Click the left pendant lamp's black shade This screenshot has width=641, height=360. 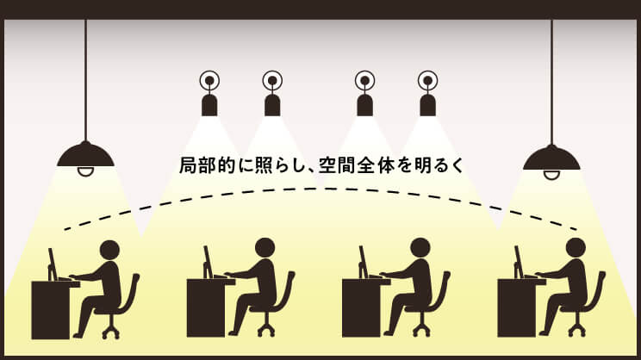click(x=85, y=155)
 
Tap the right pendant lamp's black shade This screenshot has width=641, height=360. click(x=551, y=158)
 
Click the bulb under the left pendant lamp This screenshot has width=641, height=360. click(x=85, y=171)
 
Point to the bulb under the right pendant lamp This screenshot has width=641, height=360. click(x=551, y=175)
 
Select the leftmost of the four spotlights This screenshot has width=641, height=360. click(x=209, y=94)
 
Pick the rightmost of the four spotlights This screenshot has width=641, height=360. click(x=427, y=94)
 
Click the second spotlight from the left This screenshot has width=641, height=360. click(x=272, y=94)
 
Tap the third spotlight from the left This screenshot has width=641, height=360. click(x=364, y=94)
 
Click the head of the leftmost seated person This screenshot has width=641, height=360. click(x=109, y=250)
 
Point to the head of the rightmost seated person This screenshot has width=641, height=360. click(x=576, y=248)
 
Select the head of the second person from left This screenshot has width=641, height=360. click(x=264, y=248)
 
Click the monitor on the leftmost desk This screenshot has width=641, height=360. click(x=53, y=264)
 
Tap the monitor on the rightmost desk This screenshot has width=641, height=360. click(x=519, y=262)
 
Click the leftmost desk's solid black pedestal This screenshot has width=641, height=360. click(x=51, y=310)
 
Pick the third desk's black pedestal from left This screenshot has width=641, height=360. click(x=361, y=307)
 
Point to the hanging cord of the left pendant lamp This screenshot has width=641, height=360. click(x=85, y=80)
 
